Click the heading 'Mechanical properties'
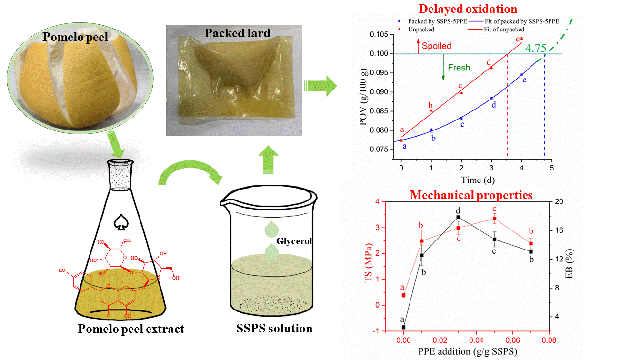coord(471,195)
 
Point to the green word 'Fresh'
coord(459,68)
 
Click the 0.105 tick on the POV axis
coord(380,34)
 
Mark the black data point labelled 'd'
coord(458,217)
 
